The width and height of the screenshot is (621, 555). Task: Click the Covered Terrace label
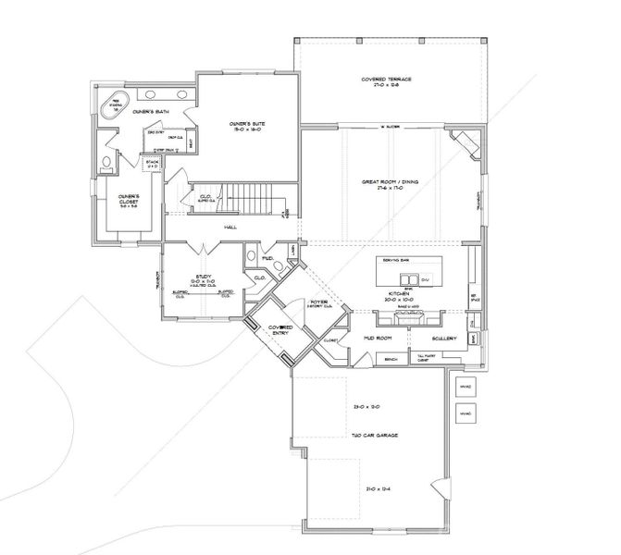(x=387, y=81)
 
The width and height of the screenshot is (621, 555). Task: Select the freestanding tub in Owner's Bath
(x=118, y=101)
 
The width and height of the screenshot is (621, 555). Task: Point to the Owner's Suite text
(x=248, y=127)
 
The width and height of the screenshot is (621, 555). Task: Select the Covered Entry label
(x=280, y=331)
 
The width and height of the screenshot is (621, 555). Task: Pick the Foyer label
(x=320, y=302)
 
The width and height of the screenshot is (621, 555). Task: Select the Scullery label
(x=444, y=339)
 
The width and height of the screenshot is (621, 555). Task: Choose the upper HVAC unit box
(x=466, y=386)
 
